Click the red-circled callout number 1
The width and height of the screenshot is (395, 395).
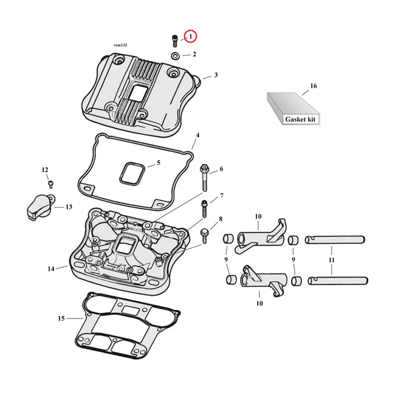[x=190, y=37]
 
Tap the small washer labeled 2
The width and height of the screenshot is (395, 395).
[x=175, y=56]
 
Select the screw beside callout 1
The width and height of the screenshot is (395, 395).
[x=175, y=41]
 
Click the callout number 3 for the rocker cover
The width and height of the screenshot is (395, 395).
[x=215, y=75]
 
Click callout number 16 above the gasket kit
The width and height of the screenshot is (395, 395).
[x=314, y=86]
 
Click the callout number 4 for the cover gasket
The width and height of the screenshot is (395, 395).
[x=197, y=135]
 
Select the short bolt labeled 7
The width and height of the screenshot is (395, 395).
[x=205, y=208]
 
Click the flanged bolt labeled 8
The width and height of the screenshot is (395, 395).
[x=204, y=232]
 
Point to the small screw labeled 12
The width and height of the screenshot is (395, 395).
[x=50, y=182]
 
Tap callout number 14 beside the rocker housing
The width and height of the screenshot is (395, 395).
[x=51, y=269]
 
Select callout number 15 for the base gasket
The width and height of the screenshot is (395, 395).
[x=61, y=318]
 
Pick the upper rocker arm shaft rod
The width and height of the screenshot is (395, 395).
[x=334, y=239]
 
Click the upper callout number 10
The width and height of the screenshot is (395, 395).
[x=258, y=217]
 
